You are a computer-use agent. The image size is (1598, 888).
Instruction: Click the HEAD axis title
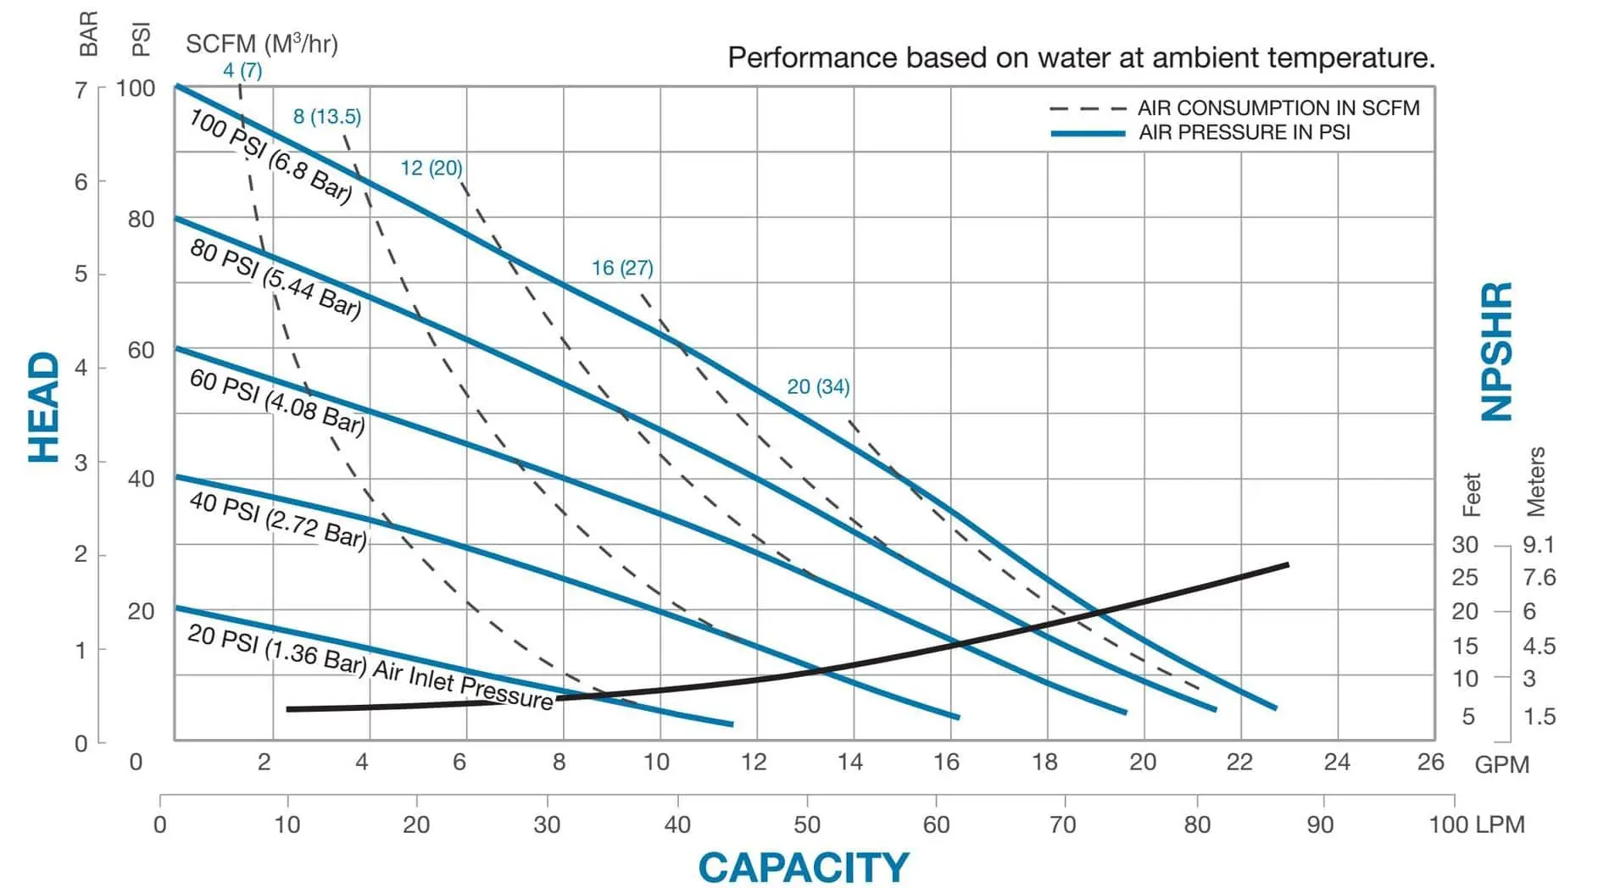tap(44, 408)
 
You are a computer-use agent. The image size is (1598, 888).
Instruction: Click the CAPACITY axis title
tap(803, 867)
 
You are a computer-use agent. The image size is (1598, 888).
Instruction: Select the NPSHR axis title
tap(1496, 352)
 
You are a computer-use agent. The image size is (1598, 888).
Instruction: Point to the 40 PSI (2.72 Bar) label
tap(277, 519)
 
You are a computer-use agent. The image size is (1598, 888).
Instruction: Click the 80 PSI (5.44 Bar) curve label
tap(276, 278)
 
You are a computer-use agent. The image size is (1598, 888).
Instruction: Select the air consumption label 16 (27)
tap(622, 268)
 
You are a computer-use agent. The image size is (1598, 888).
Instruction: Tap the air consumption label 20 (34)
tap(818, 386)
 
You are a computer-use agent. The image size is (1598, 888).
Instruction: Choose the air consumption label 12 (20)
tap(432, 168)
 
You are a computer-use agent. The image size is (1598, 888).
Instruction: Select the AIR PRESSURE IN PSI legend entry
tap(1244, 132)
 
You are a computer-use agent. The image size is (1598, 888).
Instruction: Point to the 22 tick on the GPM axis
tap(1239, 762)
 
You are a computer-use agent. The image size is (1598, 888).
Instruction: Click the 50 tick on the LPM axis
tap(806, 824)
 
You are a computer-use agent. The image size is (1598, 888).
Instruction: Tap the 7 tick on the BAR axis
tap(81, 90)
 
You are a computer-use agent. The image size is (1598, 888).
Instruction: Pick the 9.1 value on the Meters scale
tap(1538, 544)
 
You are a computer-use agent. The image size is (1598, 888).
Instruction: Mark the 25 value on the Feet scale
tap(1464, 578)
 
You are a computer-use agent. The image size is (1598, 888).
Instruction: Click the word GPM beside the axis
tap(1501, 764)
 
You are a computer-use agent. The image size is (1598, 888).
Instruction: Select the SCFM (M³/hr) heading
tap(262, 44)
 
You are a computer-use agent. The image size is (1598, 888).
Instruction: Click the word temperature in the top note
tap(1350, 58)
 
